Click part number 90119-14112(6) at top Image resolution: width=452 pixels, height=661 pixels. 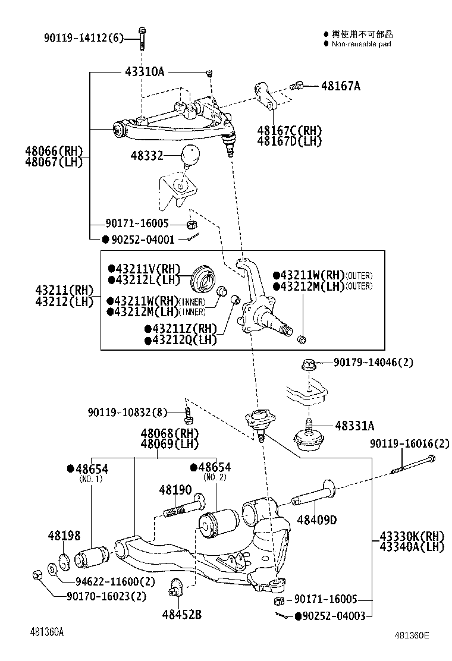83,39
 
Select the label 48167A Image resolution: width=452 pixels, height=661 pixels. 340,86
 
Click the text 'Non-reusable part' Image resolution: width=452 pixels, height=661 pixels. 361,44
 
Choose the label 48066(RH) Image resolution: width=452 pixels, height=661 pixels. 54,151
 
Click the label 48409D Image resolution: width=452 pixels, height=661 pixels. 317,520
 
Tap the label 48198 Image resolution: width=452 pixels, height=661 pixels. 64,536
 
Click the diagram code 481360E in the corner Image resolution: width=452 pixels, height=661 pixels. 410,635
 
